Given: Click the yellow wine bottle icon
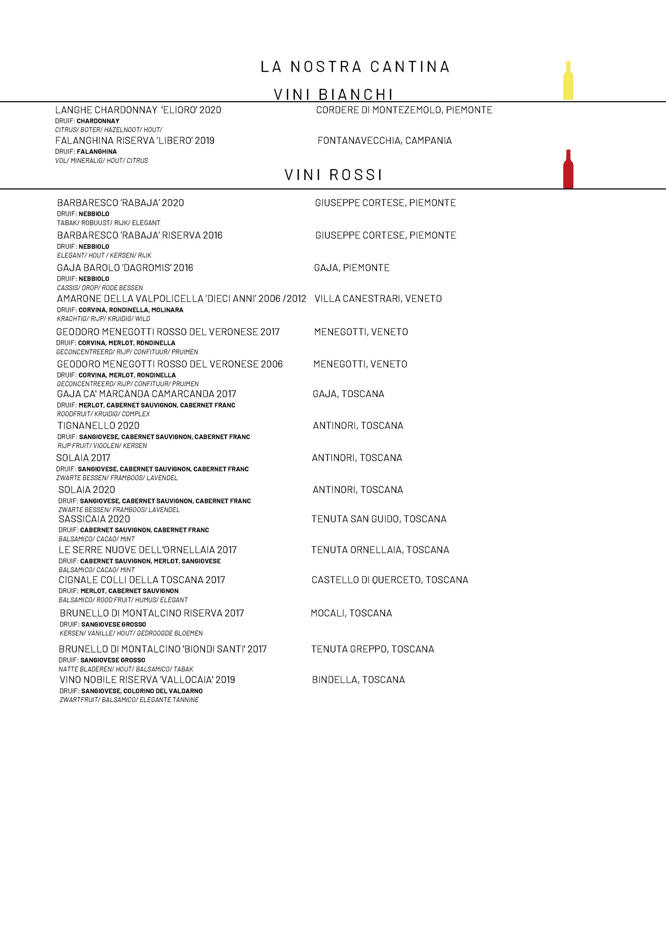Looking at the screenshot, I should (568, 81).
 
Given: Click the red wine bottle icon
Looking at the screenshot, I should (568, 169).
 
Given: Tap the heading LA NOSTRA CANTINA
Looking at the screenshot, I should (355, 67).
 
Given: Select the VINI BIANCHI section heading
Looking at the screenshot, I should (333, 94).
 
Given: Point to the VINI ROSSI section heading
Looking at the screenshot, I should (333, 175).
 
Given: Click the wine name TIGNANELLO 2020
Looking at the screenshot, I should (99, 426).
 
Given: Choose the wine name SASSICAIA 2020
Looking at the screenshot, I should (95, 519).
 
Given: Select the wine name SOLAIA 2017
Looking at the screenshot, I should (83, 458).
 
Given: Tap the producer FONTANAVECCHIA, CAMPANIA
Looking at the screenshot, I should (385, 141).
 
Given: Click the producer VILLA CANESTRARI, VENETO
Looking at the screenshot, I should (378, 299).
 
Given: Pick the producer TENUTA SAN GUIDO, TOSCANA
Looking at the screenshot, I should (379, 519).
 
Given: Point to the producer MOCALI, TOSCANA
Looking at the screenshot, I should (351, 613).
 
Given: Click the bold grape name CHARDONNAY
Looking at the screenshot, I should (98, 121).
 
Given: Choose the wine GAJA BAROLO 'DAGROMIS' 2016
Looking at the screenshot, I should (125, 268).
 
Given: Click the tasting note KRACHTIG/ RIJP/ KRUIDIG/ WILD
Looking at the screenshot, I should (103, 319).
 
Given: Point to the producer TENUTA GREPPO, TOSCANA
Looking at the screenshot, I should (373, 649).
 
